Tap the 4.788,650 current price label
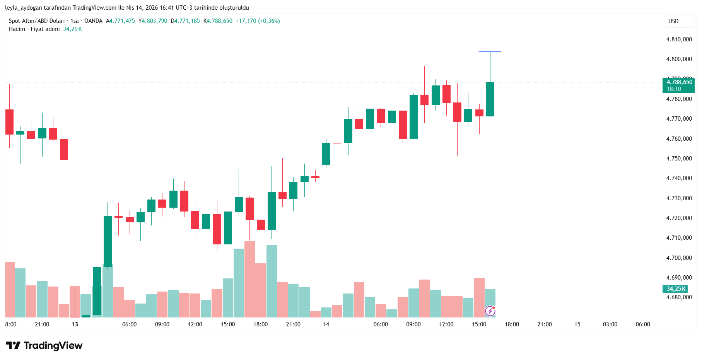[x=679, y=82]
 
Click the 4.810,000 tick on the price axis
[x=679, y=39]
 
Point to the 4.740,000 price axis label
[x=679, y=178]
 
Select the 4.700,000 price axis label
[x=679, y=258]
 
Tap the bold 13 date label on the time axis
[x=75, y=324]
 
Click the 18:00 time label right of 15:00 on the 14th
[x=512, y=324]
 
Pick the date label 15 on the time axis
[x=577, y=324]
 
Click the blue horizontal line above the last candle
[x=490, y=52]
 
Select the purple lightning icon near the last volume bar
[x=490, y=311]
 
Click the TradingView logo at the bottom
[x=44, y=345]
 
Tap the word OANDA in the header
[x=93, y=21]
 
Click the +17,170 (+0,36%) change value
[x=258, y=21]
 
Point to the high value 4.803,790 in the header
[x=154, y=21]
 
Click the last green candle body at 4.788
[x=490, y=99]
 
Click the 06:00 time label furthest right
[x=643, y=324]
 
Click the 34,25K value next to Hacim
[x=72, y=29]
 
